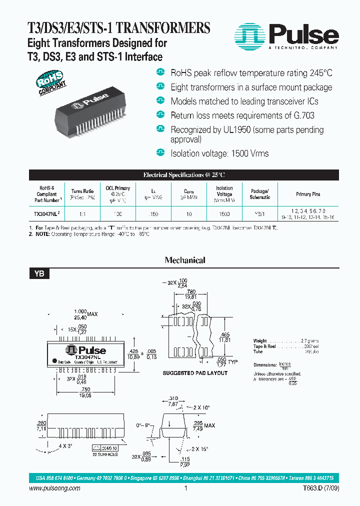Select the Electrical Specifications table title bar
click(x=184, y=175)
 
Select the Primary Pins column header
click(x=308, y=194)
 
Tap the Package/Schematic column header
click(x=259, y=194)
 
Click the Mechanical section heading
click(x=185, y=260)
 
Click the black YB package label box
click(x=39, y=273)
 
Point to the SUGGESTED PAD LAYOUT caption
click(x=195, y=373)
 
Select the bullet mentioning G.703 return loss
click(x=242, y=115)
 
